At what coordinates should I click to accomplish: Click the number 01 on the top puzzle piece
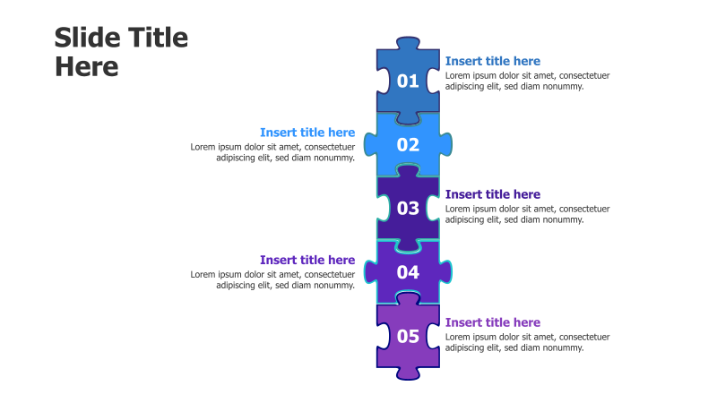click(x=408, y=81)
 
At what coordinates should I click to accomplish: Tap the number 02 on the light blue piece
click(x=408, y=145)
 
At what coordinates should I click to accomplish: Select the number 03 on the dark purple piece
click(x=408, y=209)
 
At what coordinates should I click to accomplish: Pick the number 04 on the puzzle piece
click(x=408, y=272)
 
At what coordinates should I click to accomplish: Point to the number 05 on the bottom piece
click(x=408, y=337)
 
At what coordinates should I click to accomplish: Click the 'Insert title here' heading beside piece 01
click(x=492, y=61)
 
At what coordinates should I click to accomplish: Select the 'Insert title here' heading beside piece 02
click(x=307, y=133)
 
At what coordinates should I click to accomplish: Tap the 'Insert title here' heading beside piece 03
click(x=492, y=194)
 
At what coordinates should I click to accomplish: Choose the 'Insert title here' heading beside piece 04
click(x=307, y=260)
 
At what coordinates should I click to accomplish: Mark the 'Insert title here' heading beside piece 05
click(x=492, y=322)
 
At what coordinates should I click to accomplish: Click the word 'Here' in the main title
click(x=87, y=67)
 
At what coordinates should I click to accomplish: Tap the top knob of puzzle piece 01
click(x=408, y=43)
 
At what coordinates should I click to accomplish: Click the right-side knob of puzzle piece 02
click(x=445, y=144)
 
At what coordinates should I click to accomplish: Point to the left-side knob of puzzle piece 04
click(x=370, y=271)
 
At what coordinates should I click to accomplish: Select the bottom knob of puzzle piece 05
click(x=408, y=373)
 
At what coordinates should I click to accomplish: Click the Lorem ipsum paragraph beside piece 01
click(x=527, y=81)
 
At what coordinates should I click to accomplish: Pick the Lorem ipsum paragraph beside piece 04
click(x=272, y=279)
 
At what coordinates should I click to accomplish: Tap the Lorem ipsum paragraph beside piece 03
click(x=527, y=214)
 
